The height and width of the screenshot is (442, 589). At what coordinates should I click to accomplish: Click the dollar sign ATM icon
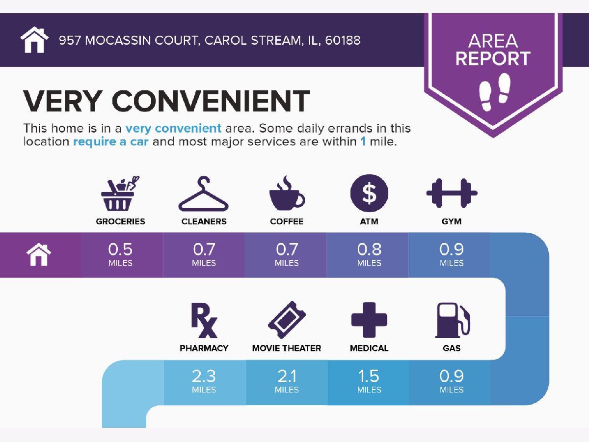(x=369, y=193)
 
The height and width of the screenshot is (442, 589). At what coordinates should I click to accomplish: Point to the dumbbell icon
(x=452, y=193)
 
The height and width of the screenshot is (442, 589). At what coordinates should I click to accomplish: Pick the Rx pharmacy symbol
(x=204, y=320)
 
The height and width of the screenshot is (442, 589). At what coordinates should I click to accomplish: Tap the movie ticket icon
(x=287, y=320)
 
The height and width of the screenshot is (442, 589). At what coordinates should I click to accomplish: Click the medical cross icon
(x=369, y=320)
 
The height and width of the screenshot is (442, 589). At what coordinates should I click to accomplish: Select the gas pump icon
(x=453, y=320)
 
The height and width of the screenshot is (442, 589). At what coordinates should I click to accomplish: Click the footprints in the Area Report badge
(x=495, y=92)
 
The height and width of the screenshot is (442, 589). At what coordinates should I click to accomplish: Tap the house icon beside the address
(x=35, y=40)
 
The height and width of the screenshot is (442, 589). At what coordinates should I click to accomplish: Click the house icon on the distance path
(x=39, y=254)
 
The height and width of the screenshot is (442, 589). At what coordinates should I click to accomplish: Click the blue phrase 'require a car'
(x=110, y=142)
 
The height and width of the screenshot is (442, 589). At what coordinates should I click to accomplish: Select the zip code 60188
(x=343, y=40)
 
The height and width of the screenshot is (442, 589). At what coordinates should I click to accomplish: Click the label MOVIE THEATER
(x=287, y=348)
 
